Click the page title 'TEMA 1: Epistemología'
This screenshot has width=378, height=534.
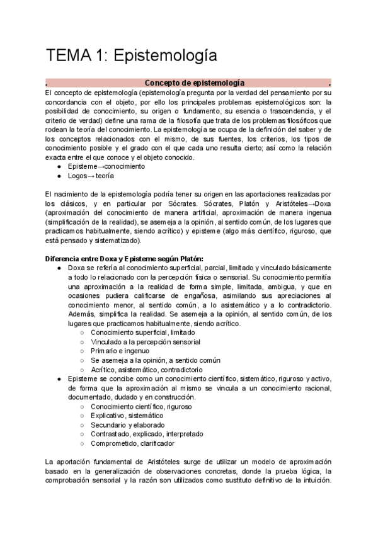point(131,55)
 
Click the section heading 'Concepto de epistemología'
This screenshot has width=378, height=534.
point(195,83)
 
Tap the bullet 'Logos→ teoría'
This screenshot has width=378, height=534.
point(91,176)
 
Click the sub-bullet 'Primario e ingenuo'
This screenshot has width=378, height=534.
point(120,351)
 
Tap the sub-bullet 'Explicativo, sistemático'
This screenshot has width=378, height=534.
point(126,416)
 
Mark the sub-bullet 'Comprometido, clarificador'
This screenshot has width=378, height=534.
point(132,443)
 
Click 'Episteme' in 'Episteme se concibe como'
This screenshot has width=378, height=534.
point(83,378)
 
